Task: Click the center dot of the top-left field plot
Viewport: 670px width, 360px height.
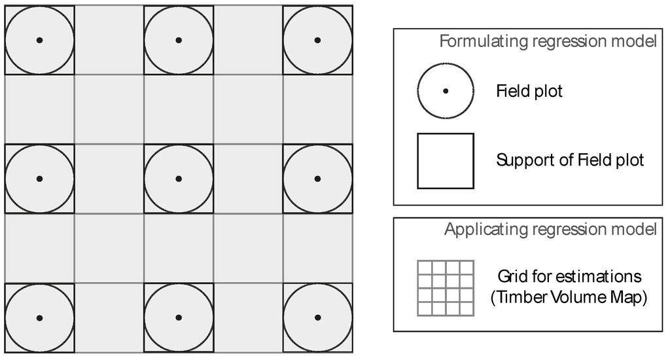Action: tap(39, 40)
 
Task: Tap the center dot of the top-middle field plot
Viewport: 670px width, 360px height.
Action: tap(179, 40)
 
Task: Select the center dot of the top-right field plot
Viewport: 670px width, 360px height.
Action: tap(317, 40)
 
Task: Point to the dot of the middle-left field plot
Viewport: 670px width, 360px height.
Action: tap(39, 179)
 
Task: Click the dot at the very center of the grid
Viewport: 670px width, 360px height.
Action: tap(179, 179)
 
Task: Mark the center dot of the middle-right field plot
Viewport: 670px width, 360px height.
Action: tap(317, 179)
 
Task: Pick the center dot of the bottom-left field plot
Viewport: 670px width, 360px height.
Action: tap(39, 317)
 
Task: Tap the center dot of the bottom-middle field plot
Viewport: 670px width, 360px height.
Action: tap(179, 317)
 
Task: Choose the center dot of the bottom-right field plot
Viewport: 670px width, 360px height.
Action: tap(317, 317)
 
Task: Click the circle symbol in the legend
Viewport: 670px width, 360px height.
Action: tap(446, 91)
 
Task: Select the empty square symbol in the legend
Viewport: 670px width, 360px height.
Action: tap(446, 160)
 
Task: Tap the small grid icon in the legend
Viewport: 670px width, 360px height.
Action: tap(446, 287)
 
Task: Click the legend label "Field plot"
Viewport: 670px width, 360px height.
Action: tap(529, 91)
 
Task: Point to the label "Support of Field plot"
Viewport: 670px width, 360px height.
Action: tap(570, 160)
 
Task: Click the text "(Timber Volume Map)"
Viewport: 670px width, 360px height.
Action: tap(569, 298)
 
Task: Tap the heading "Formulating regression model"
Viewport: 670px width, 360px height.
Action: tap(548, 42)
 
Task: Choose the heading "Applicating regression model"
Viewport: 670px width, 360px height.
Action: tap(550, 230)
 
